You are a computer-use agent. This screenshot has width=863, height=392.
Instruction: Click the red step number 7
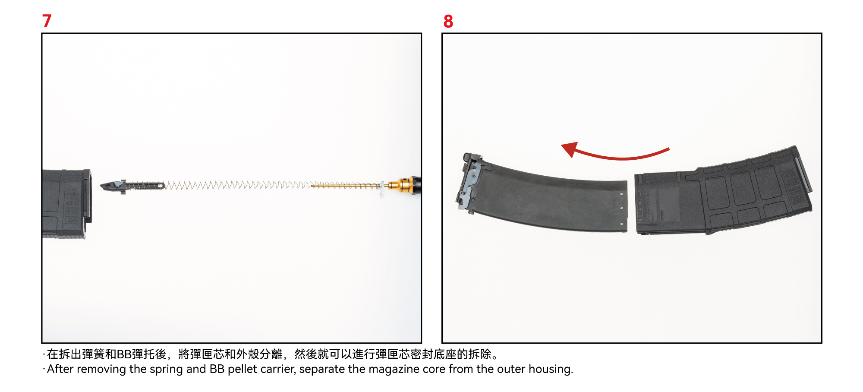tap(47, 21)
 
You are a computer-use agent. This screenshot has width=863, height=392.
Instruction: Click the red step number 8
tap(448, 21)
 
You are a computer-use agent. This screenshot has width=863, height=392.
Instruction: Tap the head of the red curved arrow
tap(570, 149)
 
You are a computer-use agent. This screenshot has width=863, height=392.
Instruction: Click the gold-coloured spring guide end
tap(401, 185)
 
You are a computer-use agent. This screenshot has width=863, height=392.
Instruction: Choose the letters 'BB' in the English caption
tap(217, 369)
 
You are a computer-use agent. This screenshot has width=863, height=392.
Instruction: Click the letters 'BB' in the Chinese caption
tap(124, 354)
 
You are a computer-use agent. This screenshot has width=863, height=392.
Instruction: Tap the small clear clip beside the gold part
tap(382, 189)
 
